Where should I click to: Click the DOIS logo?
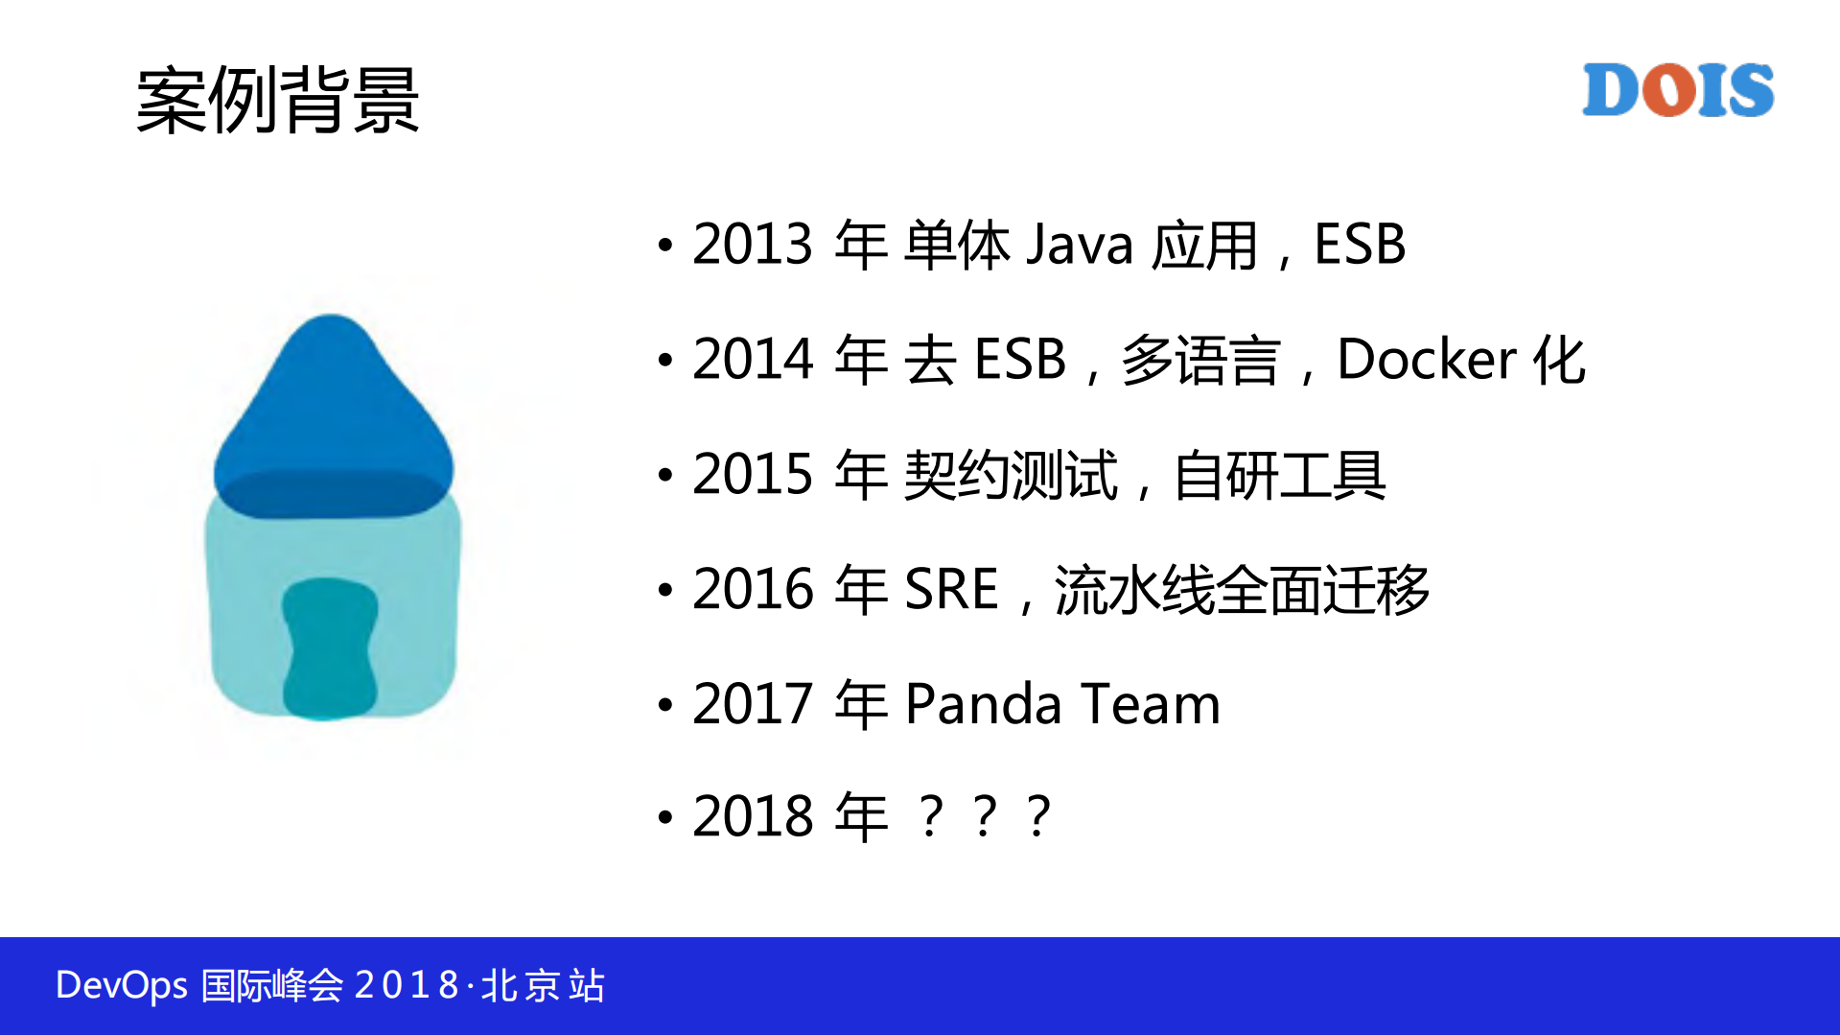pyautogui.click(x=1677, y=90)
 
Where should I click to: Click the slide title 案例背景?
pyautogui.click(x=278, y=100)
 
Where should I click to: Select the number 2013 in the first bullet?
pyautogui.click(x=753, y=245)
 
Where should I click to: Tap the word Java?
pyautogui.click(x=1080, y=245)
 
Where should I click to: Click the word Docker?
pyautogui.click(x=1426, y=360)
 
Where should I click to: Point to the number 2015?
pyautogui.click(x=753, y=475)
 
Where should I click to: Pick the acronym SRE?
pyautogui.click(x=951, y=589)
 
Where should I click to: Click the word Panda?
pyautogui.click(x=983, y=704)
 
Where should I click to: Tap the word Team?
pyautogui.click(x=1150, y=704)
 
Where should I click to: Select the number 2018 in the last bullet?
pyautogui.click(x=753, y=817)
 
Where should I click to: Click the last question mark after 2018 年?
pyautogui.click(x=1038, y=817)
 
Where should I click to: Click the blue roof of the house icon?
pyautogui.click(x=332, y=412)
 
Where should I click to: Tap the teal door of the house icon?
pyautogui.click(x=329, y=648)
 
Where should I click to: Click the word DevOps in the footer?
pyautogui.click(x=122, y=986)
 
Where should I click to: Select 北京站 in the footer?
pyautogui.click(x=543, y=986)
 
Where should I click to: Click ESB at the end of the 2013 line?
pyautogui.click(x=1359, y=245)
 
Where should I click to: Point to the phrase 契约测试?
pyautogui.click(x=1011, y=475)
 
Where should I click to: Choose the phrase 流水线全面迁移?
pyautogui.click(x=1242, y=589)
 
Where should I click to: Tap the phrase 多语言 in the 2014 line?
pyautogui.click(x=1200, y=360)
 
